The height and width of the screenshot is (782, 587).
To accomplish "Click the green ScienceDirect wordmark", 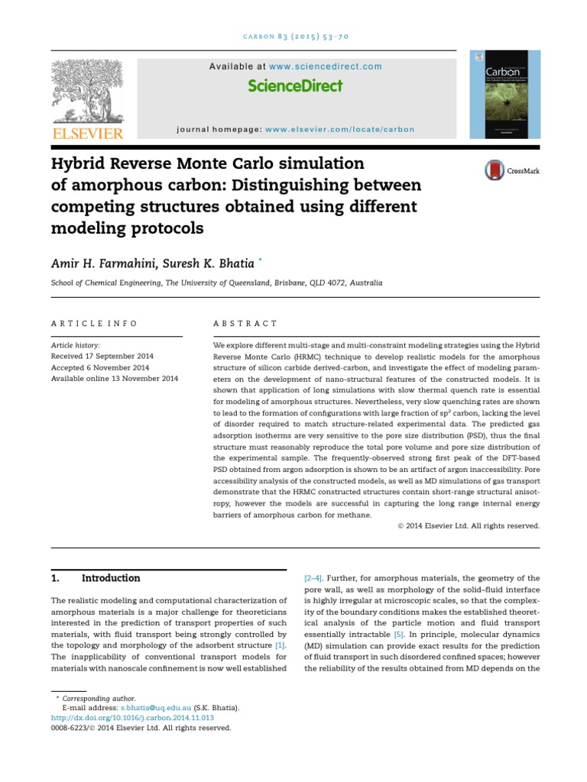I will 295,86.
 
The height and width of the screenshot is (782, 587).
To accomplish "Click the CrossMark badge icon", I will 495,170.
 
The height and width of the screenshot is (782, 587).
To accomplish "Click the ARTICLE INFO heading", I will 94,324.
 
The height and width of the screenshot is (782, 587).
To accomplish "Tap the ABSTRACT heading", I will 245,324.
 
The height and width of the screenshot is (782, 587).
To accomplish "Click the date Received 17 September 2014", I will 102,357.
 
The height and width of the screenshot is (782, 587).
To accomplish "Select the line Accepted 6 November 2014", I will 99,367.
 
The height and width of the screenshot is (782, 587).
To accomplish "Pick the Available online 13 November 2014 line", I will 114,378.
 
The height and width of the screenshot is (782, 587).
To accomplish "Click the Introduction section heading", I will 111,578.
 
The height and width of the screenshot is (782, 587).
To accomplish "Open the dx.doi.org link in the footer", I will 132,718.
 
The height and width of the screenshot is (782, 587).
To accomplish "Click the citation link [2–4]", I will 313,578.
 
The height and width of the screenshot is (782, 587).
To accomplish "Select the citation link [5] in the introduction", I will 398,635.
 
